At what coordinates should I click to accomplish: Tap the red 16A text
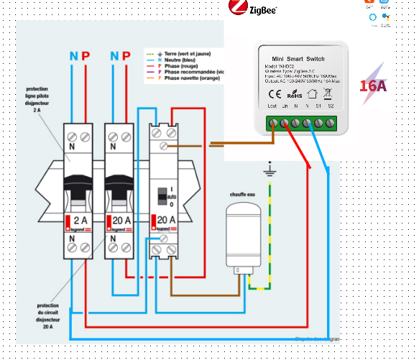tap(373, 86)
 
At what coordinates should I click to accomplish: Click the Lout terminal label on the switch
tap(272, 106)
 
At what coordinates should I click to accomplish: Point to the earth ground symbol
tap(270, 171)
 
